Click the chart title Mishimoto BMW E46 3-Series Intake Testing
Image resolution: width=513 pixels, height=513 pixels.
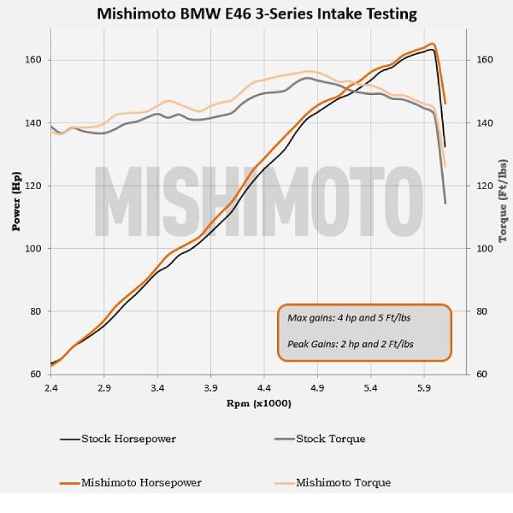click(256, 13)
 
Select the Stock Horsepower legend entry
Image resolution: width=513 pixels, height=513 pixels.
click(128, 439)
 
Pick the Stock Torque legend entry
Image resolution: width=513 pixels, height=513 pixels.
click(330, 439)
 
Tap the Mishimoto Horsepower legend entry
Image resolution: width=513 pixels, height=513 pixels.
click(141, 483)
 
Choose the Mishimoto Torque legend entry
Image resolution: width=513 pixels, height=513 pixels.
click(343, 483)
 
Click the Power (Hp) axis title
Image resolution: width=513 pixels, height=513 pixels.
click(17, 201)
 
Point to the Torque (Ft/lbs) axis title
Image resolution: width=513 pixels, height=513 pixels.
click(502, 201)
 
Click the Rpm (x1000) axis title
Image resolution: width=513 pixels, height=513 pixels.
click(258, 404)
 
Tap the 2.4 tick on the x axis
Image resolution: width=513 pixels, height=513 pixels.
click(51, 388)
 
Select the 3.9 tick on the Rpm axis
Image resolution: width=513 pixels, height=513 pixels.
click(210, 388)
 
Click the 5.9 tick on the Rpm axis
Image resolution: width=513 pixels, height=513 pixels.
click(423, 388)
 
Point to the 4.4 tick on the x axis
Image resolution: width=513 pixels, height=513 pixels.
click(264, 388)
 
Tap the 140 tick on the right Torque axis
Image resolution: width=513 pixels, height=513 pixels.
click(484, 122)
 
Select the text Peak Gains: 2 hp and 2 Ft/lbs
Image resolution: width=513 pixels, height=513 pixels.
click(349, 344)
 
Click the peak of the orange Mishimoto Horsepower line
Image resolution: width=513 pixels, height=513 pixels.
click(433, 44)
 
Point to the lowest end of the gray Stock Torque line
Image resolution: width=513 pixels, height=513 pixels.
click(445, 203)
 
